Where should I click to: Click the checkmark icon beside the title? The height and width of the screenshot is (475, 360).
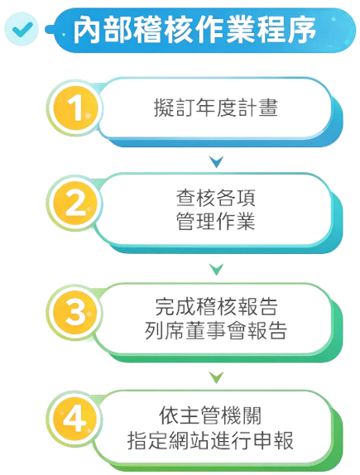[x=22, y=29]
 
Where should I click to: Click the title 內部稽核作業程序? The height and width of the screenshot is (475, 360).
[x=194, y=30]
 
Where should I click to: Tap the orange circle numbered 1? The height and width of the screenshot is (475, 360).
[x=75, y=108]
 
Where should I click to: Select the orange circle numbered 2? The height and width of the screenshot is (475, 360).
[x=75, y=203]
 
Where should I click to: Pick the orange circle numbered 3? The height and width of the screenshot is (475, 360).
[x=75, y=312]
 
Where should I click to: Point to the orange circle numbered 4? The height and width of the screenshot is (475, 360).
[x=75, y=419]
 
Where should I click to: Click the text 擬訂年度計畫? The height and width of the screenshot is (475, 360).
[x=215, y=108]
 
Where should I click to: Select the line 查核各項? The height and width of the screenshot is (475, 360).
[x=216, y=198]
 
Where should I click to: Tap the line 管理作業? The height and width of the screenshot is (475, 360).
[x=216, y=221]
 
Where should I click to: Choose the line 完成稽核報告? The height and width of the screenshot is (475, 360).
[x=216, y=306]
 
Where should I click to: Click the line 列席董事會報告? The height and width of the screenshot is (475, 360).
[x=216, y=330]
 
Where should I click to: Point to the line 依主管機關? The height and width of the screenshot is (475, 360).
[x=210, y=415]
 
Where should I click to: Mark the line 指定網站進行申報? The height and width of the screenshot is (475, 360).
[x=210, y=440]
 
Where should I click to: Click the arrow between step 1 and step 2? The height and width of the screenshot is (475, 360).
[x=216, y=161]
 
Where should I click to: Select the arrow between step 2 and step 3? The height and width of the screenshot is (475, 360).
[x=216, y=269]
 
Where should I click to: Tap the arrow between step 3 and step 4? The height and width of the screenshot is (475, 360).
[x=216, y=377]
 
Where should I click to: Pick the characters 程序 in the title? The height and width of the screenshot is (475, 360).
[x=286, y=30]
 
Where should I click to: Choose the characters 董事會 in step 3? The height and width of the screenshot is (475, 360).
[x=215, y=330]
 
